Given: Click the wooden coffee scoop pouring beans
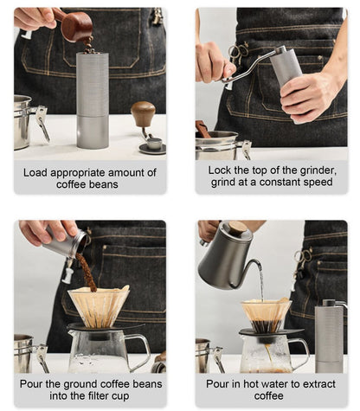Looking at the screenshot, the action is coord(75,27).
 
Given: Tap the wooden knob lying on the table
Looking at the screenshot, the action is coord(143,113).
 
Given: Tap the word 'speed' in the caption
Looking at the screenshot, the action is coord(320,183).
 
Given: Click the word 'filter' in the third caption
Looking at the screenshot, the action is coord(100,395).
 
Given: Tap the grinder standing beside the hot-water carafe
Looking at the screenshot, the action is coord(330,337).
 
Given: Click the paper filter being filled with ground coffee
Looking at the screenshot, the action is coord(99,305).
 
